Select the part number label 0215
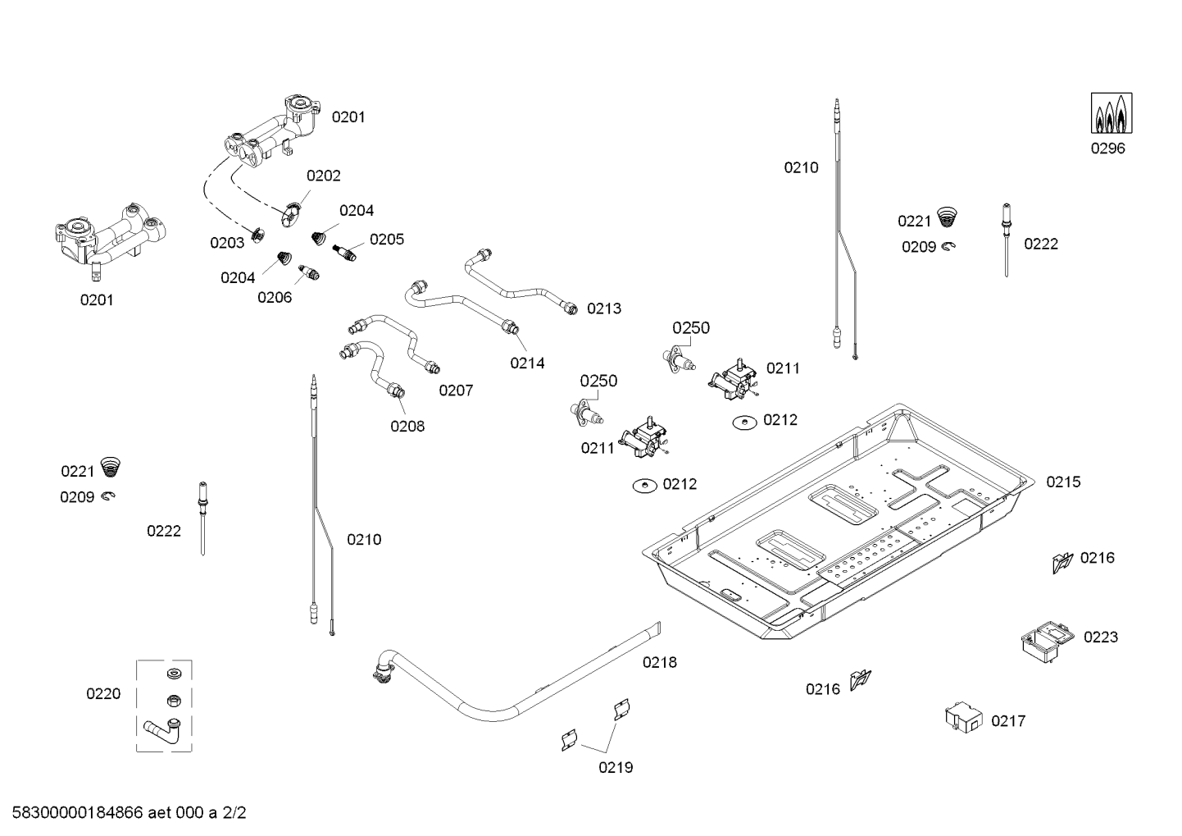click(x=1063, y=482)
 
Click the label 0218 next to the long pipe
click(x=660, y=662)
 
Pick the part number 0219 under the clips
click(x=616, y=768)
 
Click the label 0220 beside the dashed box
click(x=103, y=694)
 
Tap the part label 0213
click(x=604, y=309)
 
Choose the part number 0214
click(x=527, y=363)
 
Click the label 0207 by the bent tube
click(x=456, y=391)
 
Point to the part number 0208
click(x=407, y=427)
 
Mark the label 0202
click(x=324, y=176)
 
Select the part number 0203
click(x=227, y=243)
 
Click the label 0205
click(x=387, y=240)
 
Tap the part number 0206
click(x=275, y=298)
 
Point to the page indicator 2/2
click(x=234, y=814)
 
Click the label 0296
click(x=1107, y=148)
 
